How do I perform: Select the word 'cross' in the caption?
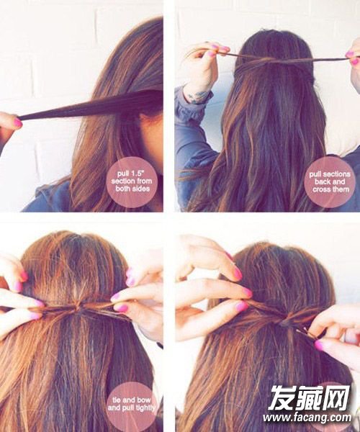pos(323,189)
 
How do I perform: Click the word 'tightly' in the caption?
pos(143,408)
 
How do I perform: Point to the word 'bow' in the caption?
pos(144,400)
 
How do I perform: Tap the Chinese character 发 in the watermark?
pos(281,397)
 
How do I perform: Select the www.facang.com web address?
pos(307,418)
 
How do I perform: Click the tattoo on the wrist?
pos(197,97)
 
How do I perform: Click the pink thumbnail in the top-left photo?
pos(18,122)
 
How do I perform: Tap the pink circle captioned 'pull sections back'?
pos(330,182)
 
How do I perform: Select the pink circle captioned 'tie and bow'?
pos(132,404)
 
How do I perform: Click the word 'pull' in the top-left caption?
pos(123,174)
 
